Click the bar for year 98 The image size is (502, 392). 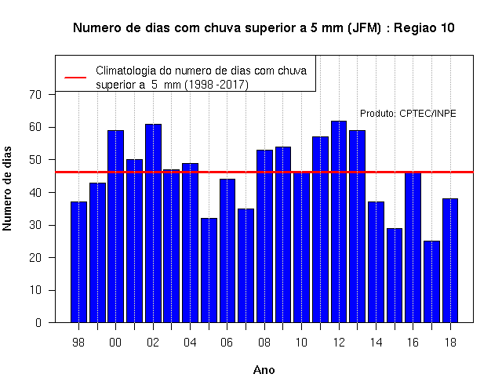click(x=78, y=262)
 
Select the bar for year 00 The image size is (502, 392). click(x=115, y=227)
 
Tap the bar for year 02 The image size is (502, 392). click(x=153, y=223)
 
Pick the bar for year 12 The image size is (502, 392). click(x=339, y=221)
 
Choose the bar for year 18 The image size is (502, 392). click(x=450, y=260)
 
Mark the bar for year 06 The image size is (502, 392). click(x=227, y=251)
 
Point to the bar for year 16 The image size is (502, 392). click(x=413, y=248)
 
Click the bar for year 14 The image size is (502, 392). click(x=376, y=262)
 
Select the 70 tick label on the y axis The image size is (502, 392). click(x=35, y=95)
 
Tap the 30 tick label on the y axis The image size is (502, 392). click(x=35, y=225)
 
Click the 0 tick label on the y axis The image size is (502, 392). click(x=38, y=322)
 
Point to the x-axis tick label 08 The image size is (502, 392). click(x=264, y=343)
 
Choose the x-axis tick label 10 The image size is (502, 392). click(x=301, y=343)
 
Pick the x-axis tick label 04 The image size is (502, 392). click(x=190, y=343)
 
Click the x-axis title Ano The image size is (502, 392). click(x=264, y=370)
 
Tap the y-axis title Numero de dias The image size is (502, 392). click(x=7, y=188)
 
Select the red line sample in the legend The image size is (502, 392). click(x=75, y=78)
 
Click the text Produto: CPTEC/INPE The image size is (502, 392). click(x=408, y=113)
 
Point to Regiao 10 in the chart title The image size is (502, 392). click(x=424, y=28)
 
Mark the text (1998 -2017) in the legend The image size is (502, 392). click(x=216, y=85)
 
